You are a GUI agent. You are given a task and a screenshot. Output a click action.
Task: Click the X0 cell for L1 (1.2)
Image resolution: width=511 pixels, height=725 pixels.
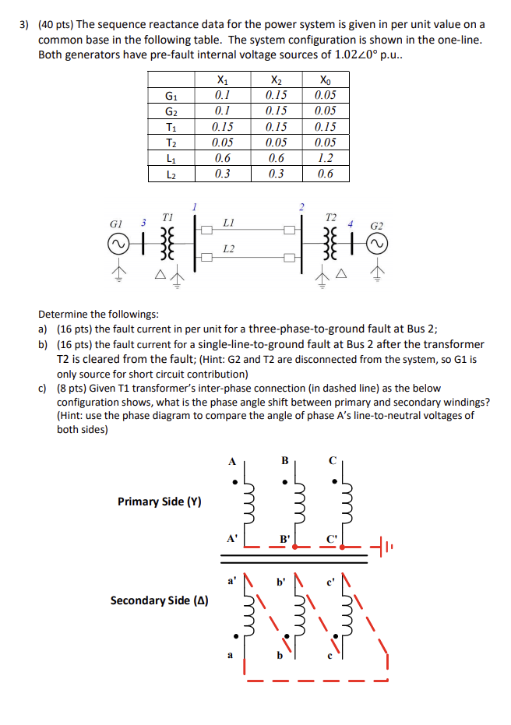[326, 158]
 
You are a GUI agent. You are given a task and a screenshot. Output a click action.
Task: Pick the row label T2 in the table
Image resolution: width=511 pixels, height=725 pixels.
[171, 143]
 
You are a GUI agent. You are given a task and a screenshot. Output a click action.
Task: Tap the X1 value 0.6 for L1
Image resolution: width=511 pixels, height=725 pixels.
[222, 158]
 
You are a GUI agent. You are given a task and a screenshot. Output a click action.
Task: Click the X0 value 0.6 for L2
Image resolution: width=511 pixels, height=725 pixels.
[326, 174]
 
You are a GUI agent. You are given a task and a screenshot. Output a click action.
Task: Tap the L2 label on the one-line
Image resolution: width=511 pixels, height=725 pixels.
[228, 249]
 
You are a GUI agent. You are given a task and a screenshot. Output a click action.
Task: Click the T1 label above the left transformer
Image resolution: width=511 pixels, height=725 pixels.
[165, 216]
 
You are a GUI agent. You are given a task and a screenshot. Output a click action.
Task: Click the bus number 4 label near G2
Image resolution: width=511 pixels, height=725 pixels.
[351, 223]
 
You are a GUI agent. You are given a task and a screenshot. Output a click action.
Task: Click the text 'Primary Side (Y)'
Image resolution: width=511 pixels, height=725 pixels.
[159, 502]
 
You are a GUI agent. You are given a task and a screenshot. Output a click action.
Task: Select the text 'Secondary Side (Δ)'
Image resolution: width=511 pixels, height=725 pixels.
[159, 600]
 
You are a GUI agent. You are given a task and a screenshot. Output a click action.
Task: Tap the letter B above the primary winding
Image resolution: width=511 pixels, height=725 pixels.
[284, 461]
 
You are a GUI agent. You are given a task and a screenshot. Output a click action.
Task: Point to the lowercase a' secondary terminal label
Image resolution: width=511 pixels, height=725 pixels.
[231, 582]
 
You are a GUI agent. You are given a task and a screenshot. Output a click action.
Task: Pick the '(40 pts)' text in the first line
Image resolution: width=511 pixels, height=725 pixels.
[54, 24]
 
